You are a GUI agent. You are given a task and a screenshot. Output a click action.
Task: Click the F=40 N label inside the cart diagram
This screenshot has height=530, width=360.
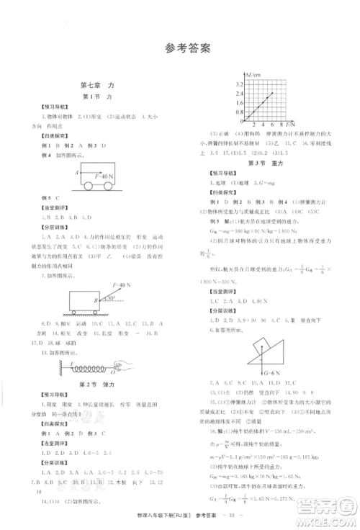coord(94,175)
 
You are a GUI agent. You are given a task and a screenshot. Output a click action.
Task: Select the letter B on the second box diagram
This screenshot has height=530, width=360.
coord(94,300)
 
